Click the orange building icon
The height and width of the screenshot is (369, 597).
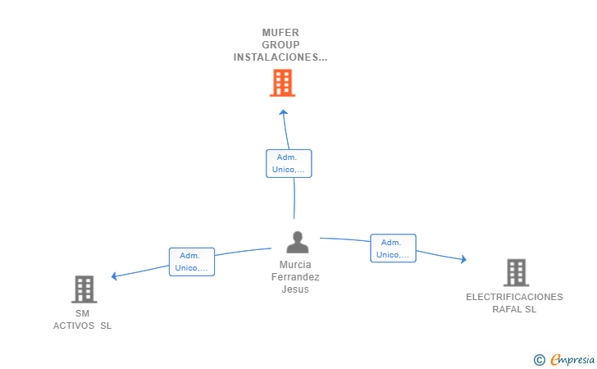pos(282,83)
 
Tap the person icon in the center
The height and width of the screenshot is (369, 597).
pos(298,242)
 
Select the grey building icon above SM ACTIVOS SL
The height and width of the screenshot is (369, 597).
pos(84,289)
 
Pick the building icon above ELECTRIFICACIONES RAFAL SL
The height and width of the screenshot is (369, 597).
pos(517,273)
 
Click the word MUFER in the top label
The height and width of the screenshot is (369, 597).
pos(280,33)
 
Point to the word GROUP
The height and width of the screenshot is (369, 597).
pos(280,45)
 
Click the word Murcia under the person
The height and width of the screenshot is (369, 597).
pos(295,265)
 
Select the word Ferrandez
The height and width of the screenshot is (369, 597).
pos(295,277)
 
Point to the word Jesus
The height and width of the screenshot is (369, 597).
pos(295,289)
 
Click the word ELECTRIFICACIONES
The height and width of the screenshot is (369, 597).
pos(514,297)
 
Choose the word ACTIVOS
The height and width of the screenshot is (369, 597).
pos(74,326)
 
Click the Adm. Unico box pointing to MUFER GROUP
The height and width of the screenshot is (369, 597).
pos(289,163)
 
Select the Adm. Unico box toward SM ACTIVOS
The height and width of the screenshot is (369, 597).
pos(192,262)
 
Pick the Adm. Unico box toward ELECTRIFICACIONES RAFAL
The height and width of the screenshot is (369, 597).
pos(393,248)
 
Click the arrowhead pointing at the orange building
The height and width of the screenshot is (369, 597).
pos(283,112)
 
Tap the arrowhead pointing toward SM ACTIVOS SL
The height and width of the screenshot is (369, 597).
pos(114,276)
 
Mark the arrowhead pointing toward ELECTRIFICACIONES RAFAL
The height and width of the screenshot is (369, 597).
pos(463,259)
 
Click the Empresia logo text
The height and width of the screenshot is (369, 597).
pos(572,359)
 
